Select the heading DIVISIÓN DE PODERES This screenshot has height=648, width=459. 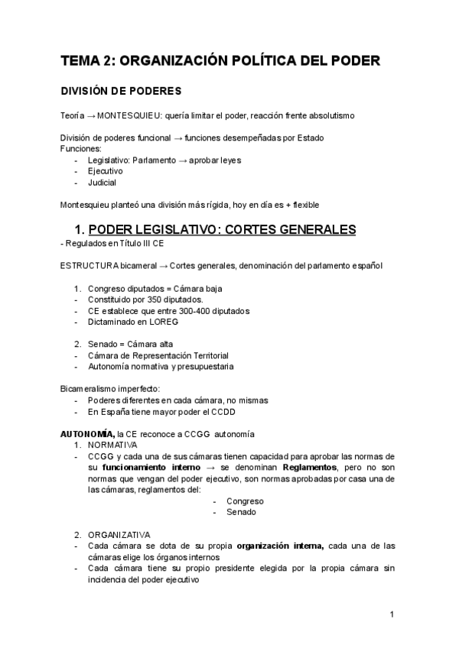point(121,91)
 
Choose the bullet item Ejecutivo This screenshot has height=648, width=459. point(106,171)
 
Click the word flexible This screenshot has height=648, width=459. point(306,205)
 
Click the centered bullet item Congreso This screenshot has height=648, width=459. point(245,501)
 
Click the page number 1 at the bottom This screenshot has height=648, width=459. point(392,614)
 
